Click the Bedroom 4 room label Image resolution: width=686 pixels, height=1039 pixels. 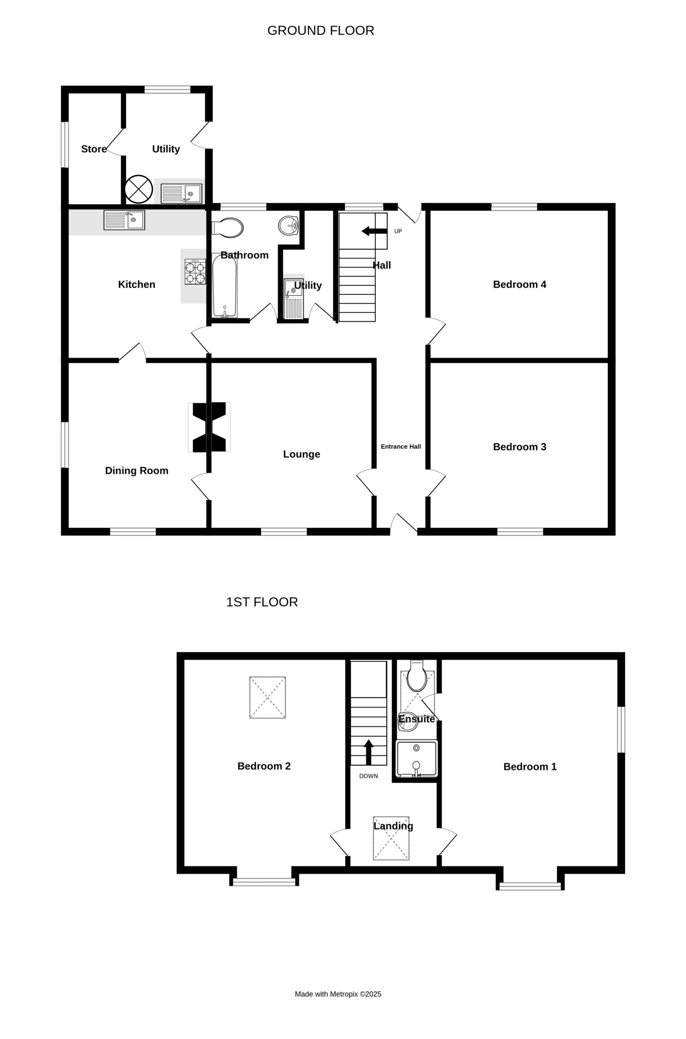[519, 285]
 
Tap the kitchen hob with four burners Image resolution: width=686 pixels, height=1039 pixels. [195, 272]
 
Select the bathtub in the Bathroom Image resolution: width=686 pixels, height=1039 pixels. [224, 285]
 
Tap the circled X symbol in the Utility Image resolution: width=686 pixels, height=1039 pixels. [139, 189]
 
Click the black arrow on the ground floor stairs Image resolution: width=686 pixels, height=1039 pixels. [374, 231]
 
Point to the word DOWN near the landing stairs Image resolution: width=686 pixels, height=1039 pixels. [368, 776]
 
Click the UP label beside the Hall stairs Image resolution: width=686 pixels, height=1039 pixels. [398, 231]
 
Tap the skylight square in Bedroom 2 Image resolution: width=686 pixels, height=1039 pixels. [268, 697]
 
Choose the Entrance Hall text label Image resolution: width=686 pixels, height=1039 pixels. [401, 446]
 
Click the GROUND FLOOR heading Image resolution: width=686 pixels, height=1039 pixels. [320, 30]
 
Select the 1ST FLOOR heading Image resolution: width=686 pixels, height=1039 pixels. [262, 602]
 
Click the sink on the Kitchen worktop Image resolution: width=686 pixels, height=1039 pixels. [124, 220]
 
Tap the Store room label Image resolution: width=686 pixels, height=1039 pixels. [94, 149]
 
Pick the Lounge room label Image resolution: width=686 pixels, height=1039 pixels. [301, 455]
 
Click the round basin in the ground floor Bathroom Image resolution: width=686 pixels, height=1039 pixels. [288, 226]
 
